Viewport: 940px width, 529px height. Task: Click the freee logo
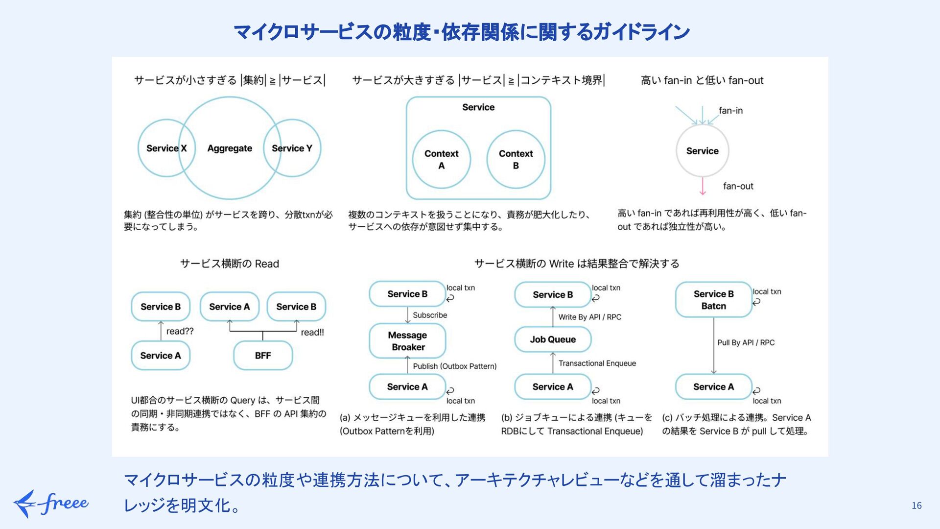(51, 504)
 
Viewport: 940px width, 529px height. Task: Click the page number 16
(916, 505)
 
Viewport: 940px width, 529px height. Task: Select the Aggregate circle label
(230, 148)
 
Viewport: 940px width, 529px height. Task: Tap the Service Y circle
(296, 148)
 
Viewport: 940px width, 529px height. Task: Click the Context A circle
(441, 160)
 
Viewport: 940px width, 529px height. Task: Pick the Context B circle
(516, 160)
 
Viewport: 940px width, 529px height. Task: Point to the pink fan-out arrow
(703, 186)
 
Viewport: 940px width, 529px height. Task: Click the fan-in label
(730, 111)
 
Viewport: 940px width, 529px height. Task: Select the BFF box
(263, 356)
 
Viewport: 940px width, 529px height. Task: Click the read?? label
(180, 332)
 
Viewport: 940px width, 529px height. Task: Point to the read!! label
(312, 333)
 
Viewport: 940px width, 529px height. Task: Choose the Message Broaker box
(407, 341)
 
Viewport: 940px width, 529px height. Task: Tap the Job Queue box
(553, 339)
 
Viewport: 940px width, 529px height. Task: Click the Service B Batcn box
(713, 300)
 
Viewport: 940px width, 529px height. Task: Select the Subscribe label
(430, 315)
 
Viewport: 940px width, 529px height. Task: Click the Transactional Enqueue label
(597, 363)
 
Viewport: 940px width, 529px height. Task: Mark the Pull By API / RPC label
(746, 343)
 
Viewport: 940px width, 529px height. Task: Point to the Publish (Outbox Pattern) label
(454, 366)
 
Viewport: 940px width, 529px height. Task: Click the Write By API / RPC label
(589, 317)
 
